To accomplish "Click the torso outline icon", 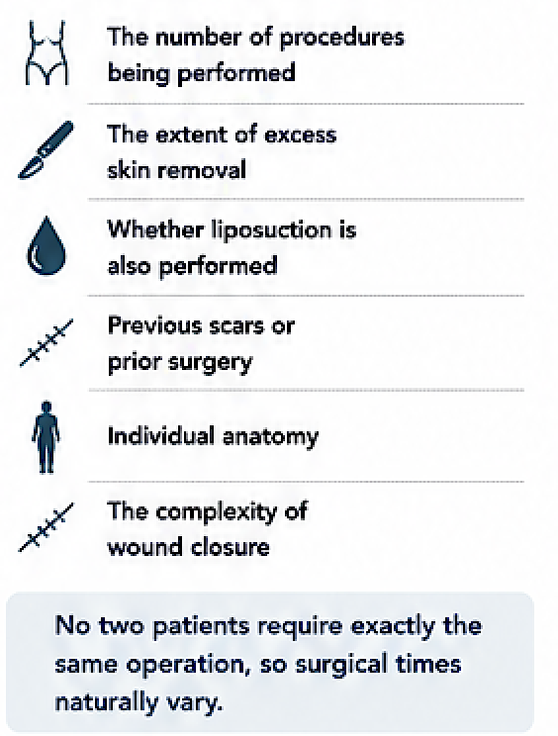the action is tap(46, 52).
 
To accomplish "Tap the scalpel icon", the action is tap(46, 149).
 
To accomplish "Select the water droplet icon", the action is tap(46, 245).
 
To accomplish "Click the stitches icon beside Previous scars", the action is tap(46, 342).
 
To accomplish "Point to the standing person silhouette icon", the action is tap(46, 437).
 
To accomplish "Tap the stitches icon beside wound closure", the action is tap(46, 527).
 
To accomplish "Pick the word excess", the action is tap(301, 135).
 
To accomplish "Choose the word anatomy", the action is tap(270, 437).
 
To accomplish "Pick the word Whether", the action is tap(155, 230).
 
